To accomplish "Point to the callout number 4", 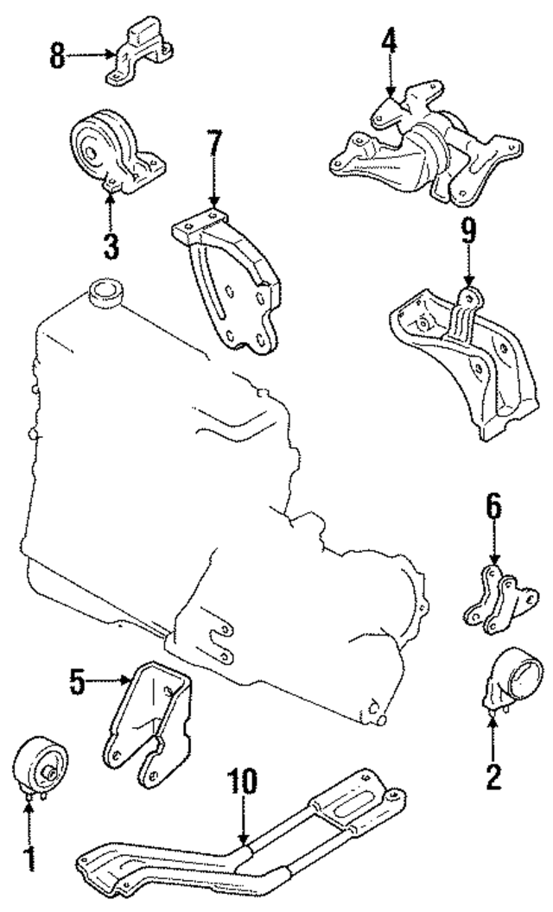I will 390,41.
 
